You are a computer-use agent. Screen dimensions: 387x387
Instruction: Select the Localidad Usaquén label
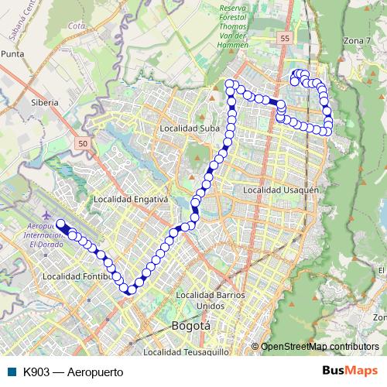tap(280, 190)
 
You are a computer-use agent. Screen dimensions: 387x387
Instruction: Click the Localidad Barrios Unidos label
tap(211, 300)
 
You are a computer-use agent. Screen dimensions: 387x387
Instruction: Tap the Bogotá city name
tap(190, 326)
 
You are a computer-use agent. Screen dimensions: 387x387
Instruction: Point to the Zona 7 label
tap(358, 40)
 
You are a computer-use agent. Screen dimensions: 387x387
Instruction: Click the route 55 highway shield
tap(286, 38)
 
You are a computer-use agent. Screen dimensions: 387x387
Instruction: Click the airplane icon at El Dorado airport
tap(47, 213)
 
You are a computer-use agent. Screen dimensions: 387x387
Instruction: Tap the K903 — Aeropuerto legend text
tap(74, 372)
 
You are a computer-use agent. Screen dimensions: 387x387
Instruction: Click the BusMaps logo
tap(351, 372)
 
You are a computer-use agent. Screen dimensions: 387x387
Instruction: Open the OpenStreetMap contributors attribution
tap(319, 346)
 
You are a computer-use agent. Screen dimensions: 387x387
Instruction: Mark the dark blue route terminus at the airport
tap(61, 224)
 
